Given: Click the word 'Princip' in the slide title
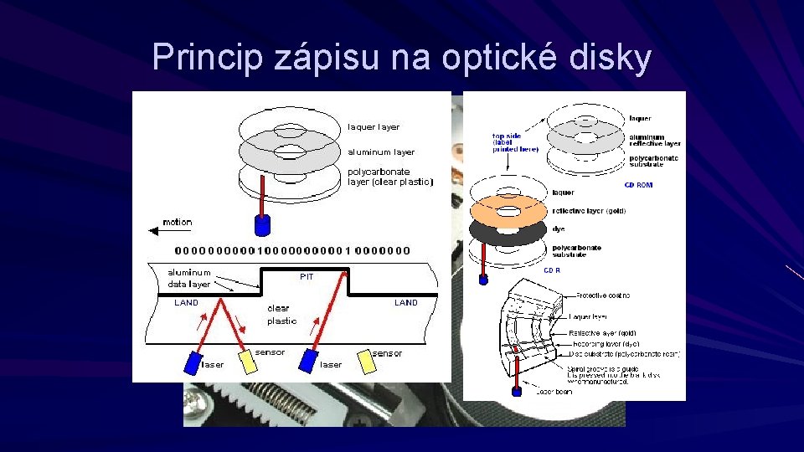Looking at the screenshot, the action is (207, 57).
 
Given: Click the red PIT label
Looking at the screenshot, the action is (307, 277).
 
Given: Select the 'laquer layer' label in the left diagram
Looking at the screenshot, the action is (374, 127).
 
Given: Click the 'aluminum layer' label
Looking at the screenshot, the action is (381, 152).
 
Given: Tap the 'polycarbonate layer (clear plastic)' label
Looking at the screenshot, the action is (390, 177).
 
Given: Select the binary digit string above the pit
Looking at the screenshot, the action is (293, 250).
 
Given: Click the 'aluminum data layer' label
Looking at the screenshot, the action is (189, 278).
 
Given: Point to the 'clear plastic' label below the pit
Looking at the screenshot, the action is (281, 315).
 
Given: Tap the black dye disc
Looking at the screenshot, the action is (508, 231).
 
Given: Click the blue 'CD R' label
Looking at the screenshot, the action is (553, 270).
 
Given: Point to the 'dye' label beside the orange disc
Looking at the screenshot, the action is (559, 229).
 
